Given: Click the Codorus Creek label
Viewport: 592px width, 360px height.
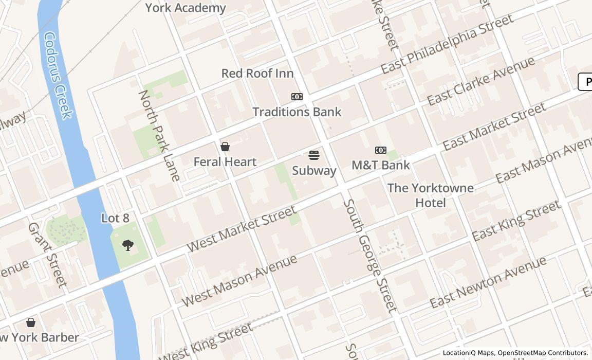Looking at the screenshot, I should coord(58,76).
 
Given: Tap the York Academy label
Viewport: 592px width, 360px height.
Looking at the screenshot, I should coord(186,8).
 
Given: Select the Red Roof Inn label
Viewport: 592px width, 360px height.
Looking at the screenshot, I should coord(257,73).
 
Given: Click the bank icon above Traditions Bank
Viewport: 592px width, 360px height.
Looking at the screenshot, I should coord(297,97).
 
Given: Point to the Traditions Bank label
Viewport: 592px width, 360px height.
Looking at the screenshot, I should coord(297,112).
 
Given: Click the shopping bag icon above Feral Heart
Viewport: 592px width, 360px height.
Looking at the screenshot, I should coord(225,147).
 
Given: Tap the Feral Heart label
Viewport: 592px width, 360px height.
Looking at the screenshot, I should coord(225,161).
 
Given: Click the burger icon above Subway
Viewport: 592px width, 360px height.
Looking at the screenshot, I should coord(314,155).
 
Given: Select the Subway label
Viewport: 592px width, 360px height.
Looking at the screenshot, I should coord(314,170).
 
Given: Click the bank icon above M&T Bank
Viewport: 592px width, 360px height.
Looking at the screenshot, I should coord(381,150).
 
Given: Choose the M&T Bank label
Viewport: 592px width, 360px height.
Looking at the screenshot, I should coord(381,165).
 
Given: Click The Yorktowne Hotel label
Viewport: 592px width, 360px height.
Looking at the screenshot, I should coord(431,195).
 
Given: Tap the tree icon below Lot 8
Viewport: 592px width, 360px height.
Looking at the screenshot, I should coord(128,245).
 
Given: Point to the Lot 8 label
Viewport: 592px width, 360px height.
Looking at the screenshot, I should coord(115,218).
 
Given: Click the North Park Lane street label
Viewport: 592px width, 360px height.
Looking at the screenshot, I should coord(159,135).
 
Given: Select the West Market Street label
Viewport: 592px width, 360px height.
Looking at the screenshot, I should coord(241,228).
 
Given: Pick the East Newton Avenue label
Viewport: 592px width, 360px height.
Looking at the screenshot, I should coord(488,282).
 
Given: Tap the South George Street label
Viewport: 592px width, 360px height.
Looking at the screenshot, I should coord(370,256).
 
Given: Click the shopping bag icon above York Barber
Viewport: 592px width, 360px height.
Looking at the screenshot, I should coord(31,322).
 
